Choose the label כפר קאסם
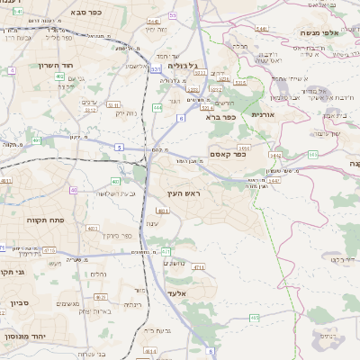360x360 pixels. (x=230, y=153)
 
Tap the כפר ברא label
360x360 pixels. (x=220, y=116)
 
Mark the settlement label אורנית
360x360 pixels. (x=262, y=115)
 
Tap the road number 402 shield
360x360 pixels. (x=59, y=77)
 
